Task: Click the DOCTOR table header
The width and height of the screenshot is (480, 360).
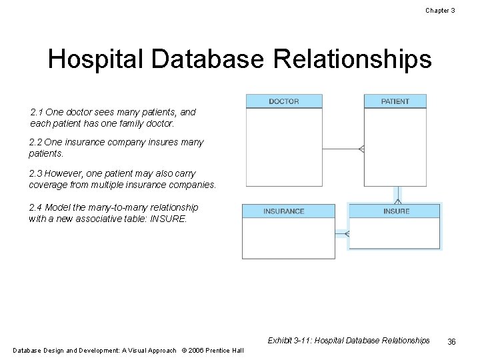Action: coord(284,101)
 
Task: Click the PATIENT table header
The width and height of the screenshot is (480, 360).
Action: coord(395,101)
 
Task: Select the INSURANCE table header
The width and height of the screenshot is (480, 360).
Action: coord(283,211)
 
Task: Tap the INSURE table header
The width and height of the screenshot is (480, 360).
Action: coord(396,211)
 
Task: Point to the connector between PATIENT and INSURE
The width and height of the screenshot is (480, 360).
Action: coord(397,194)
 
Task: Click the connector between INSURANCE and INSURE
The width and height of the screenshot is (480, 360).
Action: coord(341,233)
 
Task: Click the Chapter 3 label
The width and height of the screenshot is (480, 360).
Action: coord(440,10)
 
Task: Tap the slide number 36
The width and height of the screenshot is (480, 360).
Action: coord(451,341)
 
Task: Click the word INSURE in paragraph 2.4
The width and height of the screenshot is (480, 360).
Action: coord(169,219)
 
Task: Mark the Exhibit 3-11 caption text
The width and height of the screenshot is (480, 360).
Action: coord(348,341)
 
